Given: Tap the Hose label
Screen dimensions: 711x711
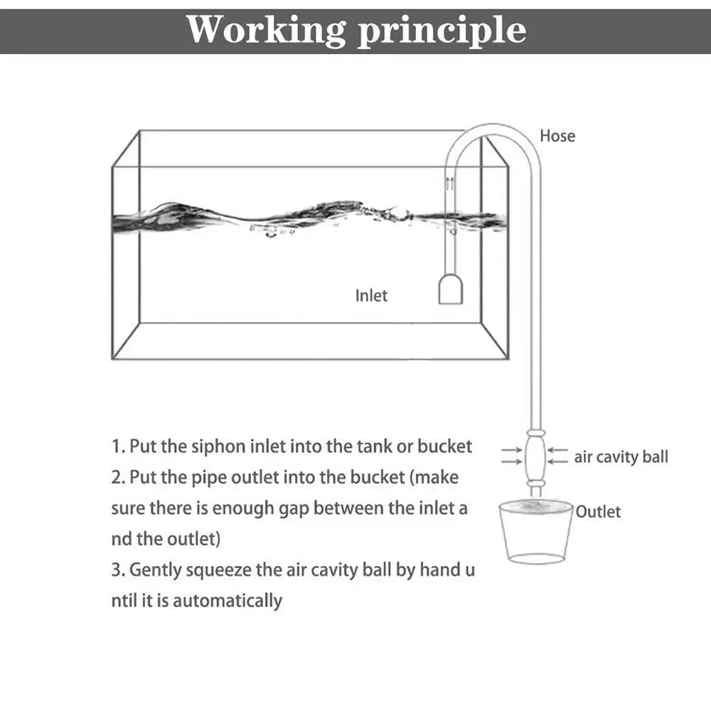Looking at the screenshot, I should click(557, 136).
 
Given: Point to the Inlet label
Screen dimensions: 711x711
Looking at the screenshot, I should click(371, 295).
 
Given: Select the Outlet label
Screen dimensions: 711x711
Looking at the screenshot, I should click(598, 511).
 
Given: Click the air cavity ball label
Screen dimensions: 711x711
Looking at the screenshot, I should click(621, 456).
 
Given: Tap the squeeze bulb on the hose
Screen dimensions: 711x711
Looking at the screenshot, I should click(536, 455).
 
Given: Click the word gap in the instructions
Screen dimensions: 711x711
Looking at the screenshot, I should click(296, 508).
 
